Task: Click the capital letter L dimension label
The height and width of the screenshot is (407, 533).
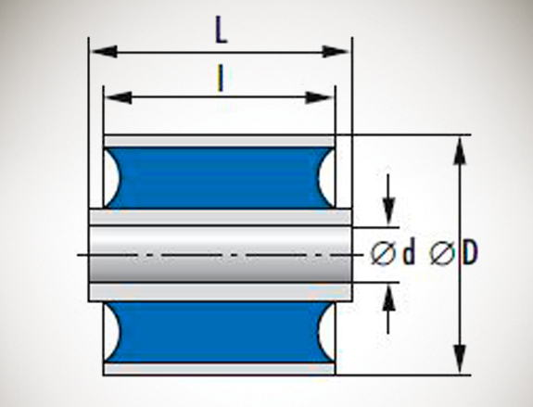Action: (221, 30)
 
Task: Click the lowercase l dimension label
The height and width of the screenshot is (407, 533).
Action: (221, 79)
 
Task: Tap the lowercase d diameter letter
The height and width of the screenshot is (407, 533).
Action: (409, 251)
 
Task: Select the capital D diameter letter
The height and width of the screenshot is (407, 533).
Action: (470, 252)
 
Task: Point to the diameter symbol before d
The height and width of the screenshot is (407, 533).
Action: (383, 253)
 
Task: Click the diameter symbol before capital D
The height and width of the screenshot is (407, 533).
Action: (442, 253)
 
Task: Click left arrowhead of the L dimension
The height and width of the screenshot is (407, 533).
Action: (105, 52)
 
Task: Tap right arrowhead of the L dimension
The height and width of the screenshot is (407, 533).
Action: (336, 52)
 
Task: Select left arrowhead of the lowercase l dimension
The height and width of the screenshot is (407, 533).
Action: (119, 97)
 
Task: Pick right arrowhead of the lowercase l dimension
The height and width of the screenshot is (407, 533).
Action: (319, 97)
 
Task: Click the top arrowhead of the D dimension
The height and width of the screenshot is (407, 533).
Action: (460, 151)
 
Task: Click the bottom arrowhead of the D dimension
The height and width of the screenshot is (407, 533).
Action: (460, 359)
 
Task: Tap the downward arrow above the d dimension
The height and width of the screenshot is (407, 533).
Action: (388, 199)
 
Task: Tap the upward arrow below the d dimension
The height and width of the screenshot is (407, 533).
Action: (388, 309)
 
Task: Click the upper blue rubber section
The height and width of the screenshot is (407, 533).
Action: (220, 177)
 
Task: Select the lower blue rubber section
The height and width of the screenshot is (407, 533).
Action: (220, 332)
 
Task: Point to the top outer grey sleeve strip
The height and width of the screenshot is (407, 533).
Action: (220, 141)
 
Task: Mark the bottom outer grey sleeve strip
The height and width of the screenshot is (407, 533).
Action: (220, 369)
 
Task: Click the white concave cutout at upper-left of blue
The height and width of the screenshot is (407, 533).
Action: (110, 177)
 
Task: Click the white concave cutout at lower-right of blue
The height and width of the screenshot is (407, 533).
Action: (327, 332)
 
